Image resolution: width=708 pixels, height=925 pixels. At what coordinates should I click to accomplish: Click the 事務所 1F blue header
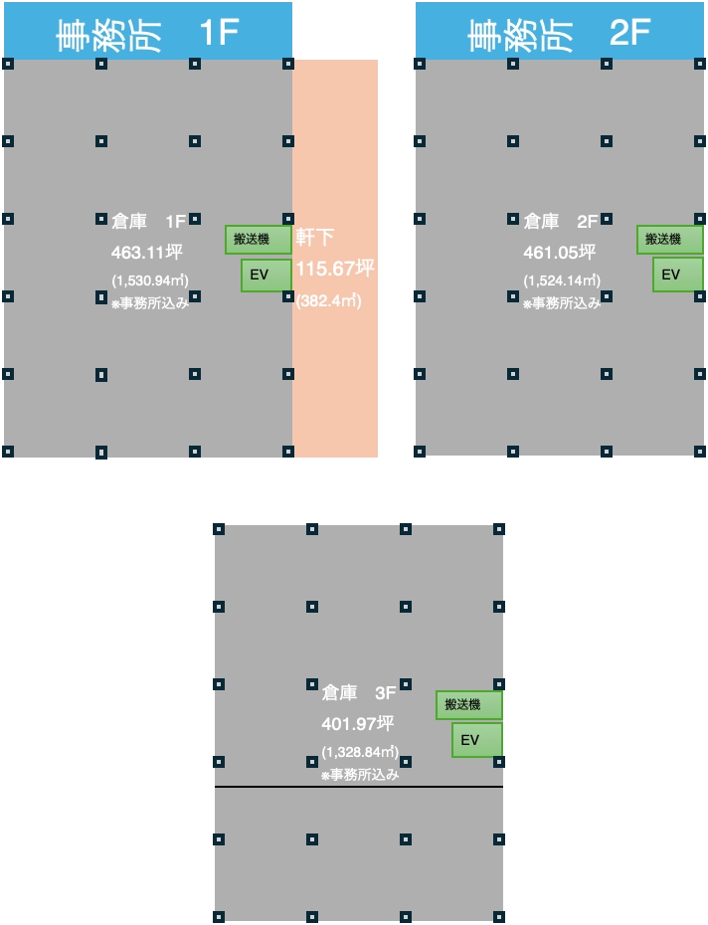(x=148, y=31)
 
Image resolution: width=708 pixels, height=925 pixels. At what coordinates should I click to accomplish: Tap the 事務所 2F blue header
(x=560, y=31)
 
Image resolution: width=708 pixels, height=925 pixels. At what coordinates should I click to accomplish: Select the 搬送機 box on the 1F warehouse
(x=259, y=240)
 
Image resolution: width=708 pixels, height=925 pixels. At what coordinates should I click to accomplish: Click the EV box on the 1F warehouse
(x=266, y=275)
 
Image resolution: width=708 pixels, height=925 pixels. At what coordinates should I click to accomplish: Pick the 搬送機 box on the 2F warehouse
(x=670, y=240)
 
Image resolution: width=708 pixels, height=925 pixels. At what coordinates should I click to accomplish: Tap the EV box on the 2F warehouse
(x=678, y=275)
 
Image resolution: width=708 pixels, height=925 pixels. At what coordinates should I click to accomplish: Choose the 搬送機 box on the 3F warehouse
(x=469, y=705)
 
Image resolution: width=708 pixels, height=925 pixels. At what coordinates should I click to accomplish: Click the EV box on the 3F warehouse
(x=477, y=740)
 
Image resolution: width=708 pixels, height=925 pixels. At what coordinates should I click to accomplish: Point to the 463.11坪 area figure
(x=147, y=253)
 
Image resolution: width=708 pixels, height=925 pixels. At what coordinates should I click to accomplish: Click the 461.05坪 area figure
(x=559, y=253)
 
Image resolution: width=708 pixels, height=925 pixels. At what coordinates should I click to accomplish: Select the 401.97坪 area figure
(x=358, y=724)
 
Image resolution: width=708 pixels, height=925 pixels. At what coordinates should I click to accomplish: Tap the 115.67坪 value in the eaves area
(x=334, y=269)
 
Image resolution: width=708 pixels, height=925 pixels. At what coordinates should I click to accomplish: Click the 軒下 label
(x=315, y=238)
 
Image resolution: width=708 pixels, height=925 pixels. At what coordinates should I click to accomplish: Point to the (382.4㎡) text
(x=328, y=300)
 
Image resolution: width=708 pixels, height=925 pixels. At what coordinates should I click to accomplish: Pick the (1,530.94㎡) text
(x=150, y=280)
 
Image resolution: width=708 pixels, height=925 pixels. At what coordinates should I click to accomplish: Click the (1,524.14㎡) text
(x=562, y=280)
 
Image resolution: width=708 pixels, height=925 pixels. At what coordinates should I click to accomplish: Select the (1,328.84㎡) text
(x=360, y=752)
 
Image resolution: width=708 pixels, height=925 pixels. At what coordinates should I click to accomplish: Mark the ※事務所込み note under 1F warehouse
(x=150, y=303)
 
